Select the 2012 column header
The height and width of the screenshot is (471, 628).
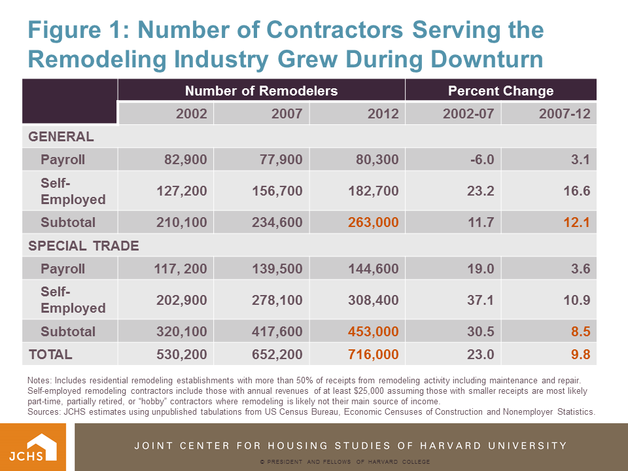pyautogui.click(x=383, y=114)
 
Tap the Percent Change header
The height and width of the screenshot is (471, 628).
pyautogui.click(x=500, y=91)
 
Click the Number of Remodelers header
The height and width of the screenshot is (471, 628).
pyautogui.click(x=261, y=91)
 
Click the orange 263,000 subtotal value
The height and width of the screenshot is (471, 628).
pyautogui.click(x=375, y=222)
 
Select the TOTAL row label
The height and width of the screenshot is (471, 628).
pyautogui.click(x=50, y=355)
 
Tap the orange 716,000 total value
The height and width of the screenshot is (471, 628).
pyautogui.click(x=375, y=355)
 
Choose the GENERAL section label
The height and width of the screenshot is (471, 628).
pyautogui.click(x=61, y=137)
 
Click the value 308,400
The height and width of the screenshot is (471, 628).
pyautogui.click(x=375, y=300)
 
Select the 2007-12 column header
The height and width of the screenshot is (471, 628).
pyautogui.click(x=565, y=114)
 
